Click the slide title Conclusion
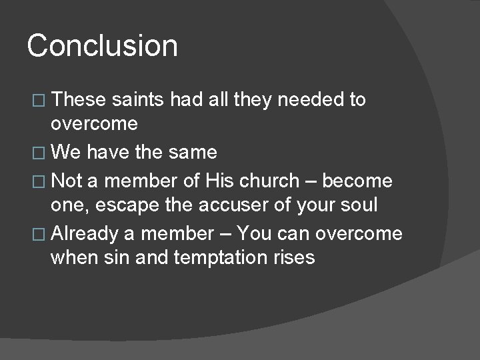(x=103, y=46)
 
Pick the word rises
(x=294, y=257)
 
